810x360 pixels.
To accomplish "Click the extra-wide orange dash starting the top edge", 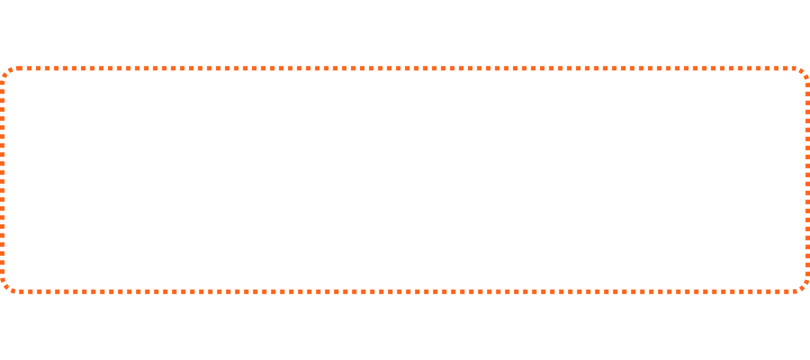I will pos(19,68).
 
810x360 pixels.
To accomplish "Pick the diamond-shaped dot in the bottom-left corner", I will pos(6,287).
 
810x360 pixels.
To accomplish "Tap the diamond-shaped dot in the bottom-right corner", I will pos(803,287).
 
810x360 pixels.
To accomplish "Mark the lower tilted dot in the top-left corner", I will pos(4,76).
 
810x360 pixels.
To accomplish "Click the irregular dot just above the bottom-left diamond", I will pos(2,280).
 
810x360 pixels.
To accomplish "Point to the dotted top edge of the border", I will pos(405,68).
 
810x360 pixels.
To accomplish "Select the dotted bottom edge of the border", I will pos(405,292).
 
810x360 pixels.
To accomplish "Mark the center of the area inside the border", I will pos(405,180).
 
